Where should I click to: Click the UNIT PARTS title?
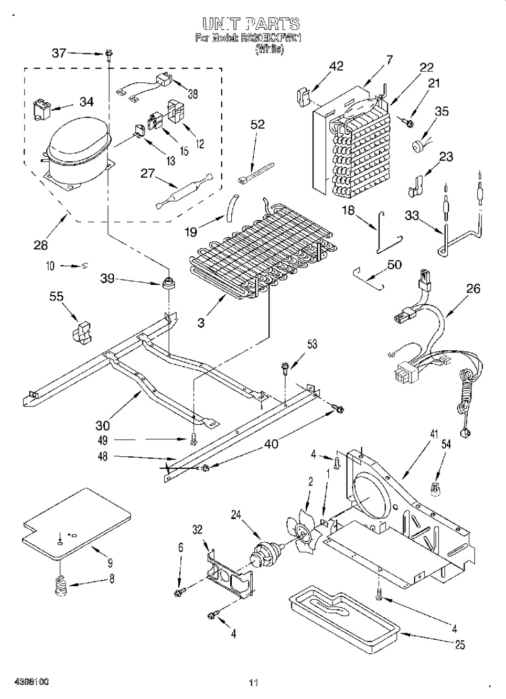coord(251,24)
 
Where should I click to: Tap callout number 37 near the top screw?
coord(59,52)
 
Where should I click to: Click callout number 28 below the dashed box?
coord(40,244)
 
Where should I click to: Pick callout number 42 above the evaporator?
coord(336,66)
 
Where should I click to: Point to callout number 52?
coord(257,124)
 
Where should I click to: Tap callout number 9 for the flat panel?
coord(110,564)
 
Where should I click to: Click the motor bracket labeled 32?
coord(228,572)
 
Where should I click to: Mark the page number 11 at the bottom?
coord(253,683)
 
